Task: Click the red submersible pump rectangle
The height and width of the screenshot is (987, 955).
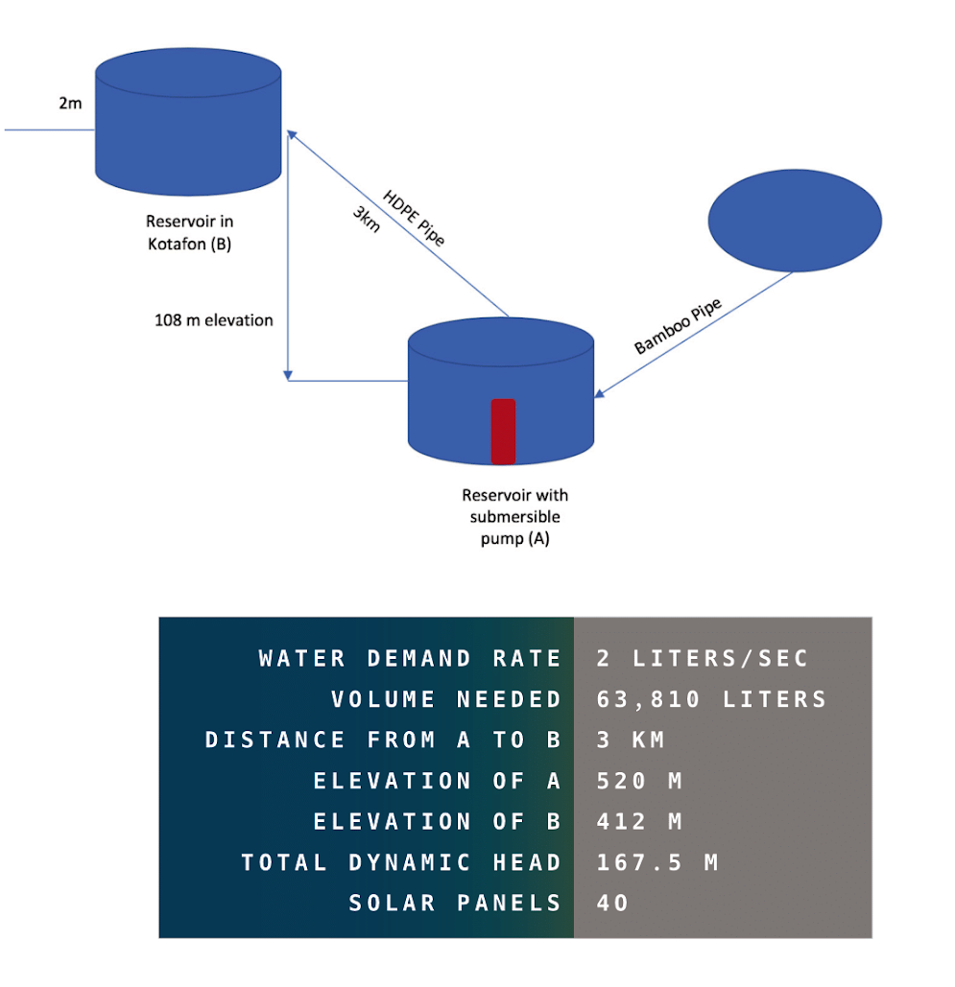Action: [503, 432]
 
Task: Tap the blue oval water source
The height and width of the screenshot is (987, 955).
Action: [794, 221]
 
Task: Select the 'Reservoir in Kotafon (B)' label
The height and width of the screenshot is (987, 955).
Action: [189, 231]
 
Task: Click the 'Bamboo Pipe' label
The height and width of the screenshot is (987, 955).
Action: [679, 326]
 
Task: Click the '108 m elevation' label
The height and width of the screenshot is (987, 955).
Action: [214, 320]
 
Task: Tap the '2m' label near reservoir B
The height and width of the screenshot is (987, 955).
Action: [70, 103]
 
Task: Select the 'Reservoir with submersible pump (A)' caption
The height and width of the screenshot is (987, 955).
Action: [514, 517]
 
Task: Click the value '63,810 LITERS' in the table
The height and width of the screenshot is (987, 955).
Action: [711, 699]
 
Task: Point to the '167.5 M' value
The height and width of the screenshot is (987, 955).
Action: [657, 862]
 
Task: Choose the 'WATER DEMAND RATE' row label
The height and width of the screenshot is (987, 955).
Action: [410, 659]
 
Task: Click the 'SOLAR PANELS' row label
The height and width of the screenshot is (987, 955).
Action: [455, 903]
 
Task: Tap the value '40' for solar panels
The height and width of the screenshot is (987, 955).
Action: [612, 903]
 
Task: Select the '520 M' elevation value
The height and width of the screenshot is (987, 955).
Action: [638, 781]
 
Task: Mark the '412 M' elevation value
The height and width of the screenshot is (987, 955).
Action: [638, 822]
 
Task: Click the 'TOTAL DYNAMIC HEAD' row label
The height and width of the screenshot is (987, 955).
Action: [401, 862]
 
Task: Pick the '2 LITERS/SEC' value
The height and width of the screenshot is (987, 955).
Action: [703, 659]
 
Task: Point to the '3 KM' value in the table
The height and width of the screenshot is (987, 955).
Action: [631, 740]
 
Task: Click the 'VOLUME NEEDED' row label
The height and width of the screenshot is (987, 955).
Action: [446, 699]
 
